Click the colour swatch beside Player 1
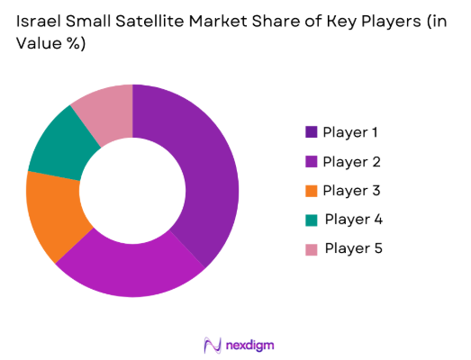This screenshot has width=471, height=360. click(311, 132)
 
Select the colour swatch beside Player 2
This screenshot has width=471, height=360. click(311, 161)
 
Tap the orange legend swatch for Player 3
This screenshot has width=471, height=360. click(311, 190)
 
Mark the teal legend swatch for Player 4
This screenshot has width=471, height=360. click(311, 219)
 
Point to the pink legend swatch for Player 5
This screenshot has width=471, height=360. click(311, 247)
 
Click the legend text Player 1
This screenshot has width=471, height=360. click(351, 132)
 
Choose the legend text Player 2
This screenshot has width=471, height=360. click(351, 161)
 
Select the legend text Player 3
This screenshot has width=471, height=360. click(351, 190)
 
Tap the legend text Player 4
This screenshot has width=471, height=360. click(353, 219)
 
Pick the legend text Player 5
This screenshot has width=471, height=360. click(353, 247)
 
